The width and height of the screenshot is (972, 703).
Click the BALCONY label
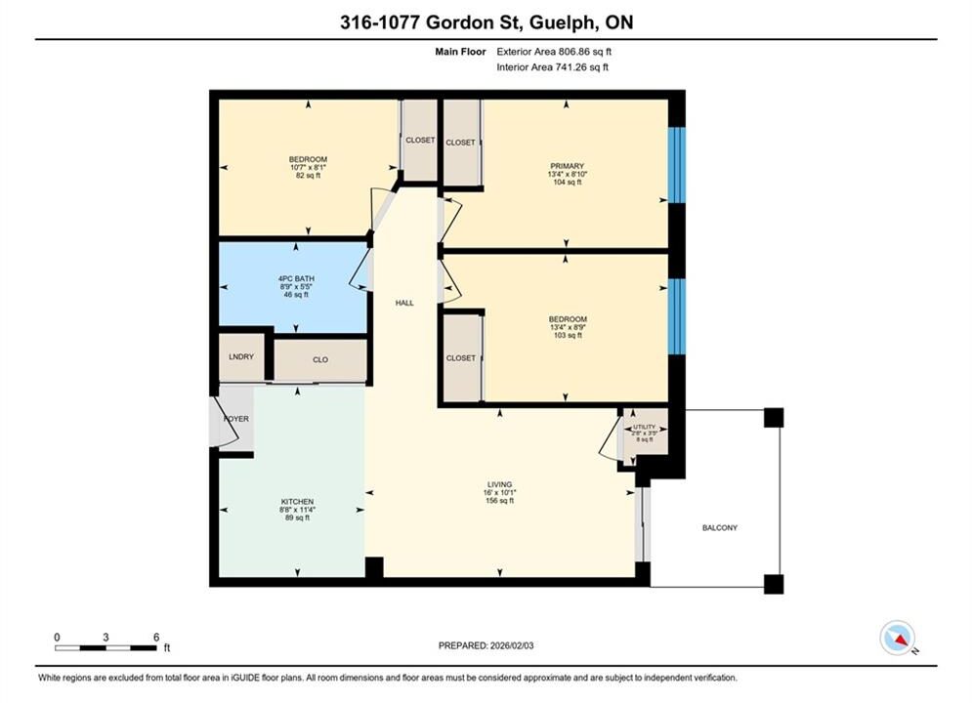(x=720, y=527)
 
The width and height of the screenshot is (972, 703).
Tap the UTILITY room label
(x=644, y=427)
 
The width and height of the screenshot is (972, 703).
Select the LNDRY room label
(x=241, y=356)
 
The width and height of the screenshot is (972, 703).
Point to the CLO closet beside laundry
(x=320, y=360)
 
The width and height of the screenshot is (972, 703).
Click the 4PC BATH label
(x=296, y=278)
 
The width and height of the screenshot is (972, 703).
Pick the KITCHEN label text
(x=298, y=502)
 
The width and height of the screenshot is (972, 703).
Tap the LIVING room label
(x=499, y=484)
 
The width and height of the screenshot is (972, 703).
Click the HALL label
(x=404, y=303)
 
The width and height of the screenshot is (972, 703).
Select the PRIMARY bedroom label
(x=568, y=166)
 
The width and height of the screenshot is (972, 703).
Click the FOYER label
(x=236, y=419)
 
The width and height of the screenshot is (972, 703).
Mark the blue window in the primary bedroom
(x=676, y=165)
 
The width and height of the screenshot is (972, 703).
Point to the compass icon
(x=897, y=638)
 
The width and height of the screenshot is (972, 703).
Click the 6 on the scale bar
(x=156, y=637)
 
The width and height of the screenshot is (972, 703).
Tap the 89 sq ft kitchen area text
(x=298, y=517)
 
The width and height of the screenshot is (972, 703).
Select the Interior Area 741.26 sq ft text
(x=552, y=67)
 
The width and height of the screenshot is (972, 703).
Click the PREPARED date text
(x=486, y=645)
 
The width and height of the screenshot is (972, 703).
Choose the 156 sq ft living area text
(x=499, y=501)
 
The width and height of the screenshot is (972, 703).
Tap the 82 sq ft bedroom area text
(x=308, y=176)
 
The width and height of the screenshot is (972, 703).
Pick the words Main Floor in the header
(x=460, y=52)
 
